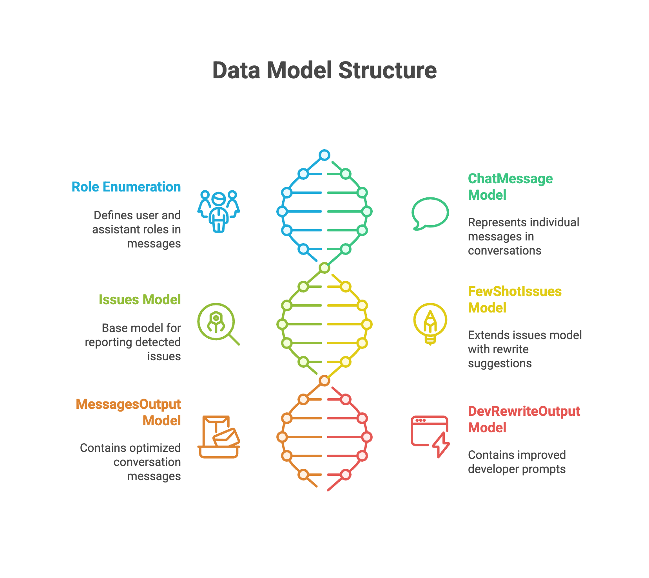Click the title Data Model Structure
[324, 70]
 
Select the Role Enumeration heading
[126, 187]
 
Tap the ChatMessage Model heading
[510, 187]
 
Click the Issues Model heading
[140, 300]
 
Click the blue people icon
[219, 211]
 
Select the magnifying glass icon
[218, 323]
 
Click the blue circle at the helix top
[324, 155]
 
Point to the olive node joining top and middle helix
[324, 268]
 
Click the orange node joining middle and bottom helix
[324, 381]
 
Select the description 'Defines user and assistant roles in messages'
[137, 229]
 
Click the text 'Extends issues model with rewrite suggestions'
[524, 349]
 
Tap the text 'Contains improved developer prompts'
[517, 462]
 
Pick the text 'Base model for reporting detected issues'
[133, 342]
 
